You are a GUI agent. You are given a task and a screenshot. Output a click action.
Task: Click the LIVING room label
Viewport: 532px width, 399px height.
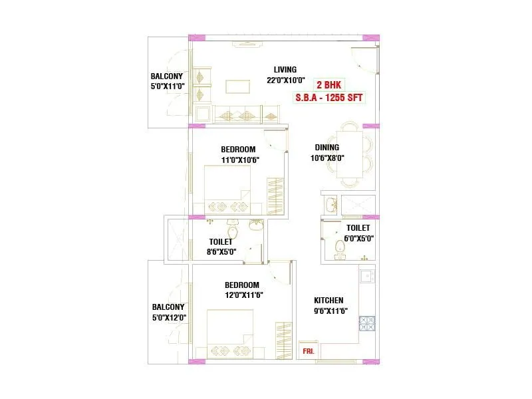click(285, 70)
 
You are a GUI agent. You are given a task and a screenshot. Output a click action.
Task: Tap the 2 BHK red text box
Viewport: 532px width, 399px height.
click(329, 85)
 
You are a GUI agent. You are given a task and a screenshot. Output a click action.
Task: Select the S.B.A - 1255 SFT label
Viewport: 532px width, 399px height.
click(329, 97)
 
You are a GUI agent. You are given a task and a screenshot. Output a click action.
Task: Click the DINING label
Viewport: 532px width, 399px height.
click(327, 148)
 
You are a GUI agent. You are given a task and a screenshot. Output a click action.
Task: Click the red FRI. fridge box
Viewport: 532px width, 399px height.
click(308, 350)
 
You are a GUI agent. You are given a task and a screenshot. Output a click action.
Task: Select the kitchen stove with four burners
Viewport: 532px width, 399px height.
click(367, 323)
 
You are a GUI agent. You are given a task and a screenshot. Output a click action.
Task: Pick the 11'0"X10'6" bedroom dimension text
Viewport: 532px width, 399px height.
click(239, 160)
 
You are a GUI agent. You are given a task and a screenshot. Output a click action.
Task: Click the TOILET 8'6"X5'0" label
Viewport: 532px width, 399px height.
click(221, 247)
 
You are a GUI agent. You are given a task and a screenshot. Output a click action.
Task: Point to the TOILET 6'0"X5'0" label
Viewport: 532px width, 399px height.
click(358, 233)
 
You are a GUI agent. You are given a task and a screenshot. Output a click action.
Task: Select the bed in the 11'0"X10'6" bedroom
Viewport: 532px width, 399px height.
click(227, 190)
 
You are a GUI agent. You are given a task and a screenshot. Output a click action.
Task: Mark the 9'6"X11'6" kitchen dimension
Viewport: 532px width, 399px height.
click(330, 311)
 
